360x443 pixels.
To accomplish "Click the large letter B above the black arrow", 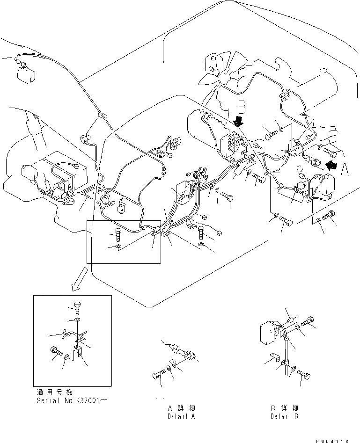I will pos(242,107).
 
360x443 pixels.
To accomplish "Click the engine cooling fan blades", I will pos(213,70).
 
